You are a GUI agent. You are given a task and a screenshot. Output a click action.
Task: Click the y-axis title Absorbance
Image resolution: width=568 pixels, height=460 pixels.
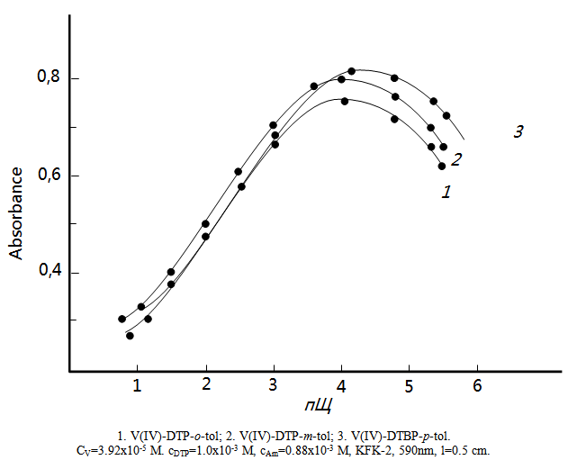click(x=16, y=212)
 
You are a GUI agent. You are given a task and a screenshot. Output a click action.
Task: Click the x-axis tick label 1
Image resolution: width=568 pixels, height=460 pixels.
click(x=138, y=385)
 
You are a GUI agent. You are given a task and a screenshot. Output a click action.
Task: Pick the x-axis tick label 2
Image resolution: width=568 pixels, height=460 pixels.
click(x=205, y=385)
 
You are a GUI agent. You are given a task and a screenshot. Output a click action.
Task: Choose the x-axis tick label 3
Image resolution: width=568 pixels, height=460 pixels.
click(x=274, y=385)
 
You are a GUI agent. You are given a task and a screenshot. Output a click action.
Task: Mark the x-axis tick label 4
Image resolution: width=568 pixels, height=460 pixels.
click(x=341, y=385)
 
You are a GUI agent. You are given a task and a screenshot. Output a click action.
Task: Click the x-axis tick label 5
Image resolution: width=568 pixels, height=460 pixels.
click(x=409, y=385)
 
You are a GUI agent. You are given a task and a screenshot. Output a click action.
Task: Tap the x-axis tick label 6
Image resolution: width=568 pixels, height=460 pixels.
click(x=477, y=385)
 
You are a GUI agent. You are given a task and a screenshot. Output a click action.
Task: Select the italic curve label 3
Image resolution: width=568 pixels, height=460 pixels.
click(x=518, y=132)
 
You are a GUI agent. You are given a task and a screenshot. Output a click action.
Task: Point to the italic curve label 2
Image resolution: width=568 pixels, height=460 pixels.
click(x=456, y=160)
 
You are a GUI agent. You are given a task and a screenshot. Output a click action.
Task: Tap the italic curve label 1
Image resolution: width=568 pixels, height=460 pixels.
click(x=446, y=191)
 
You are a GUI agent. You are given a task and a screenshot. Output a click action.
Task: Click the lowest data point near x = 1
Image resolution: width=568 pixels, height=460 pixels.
click(x=130, y=336)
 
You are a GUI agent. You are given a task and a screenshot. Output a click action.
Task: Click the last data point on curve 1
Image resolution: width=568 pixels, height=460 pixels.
click(x=442, y=166)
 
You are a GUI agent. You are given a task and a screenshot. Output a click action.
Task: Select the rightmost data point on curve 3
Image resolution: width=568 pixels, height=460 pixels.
click(x=446, y=115)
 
